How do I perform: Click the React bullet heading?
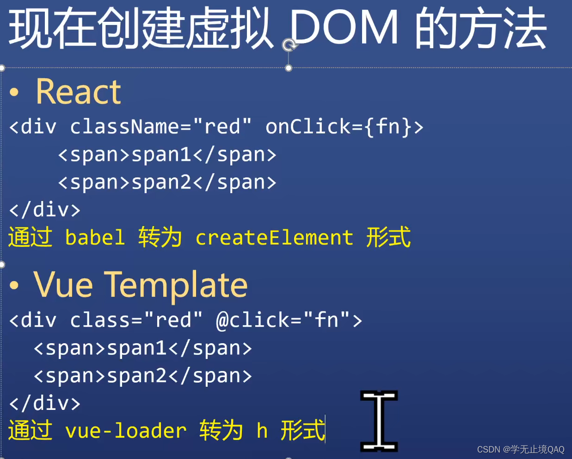click(78, 92)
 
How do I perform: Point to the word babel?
click(95, 238)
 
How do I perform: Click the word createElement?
click(274, 238)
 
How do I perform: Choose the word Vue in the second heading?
click(63, 284)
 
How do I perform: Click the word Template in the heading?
click(176, 284)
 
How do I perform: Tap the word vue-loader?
click(126, 431)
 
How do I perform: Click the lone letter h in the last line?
click(262, 431)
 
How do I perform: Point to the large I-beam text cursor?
click(379, 421)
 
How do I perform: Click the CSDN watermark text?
click(520, 449)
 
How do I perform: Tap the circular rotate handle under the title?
click(289, 45)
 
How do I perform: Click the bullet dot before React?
click(14, 92)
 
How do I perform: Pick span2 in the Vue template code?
click(137, 376)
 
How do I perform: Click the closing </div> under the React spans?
click(45, 210)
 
